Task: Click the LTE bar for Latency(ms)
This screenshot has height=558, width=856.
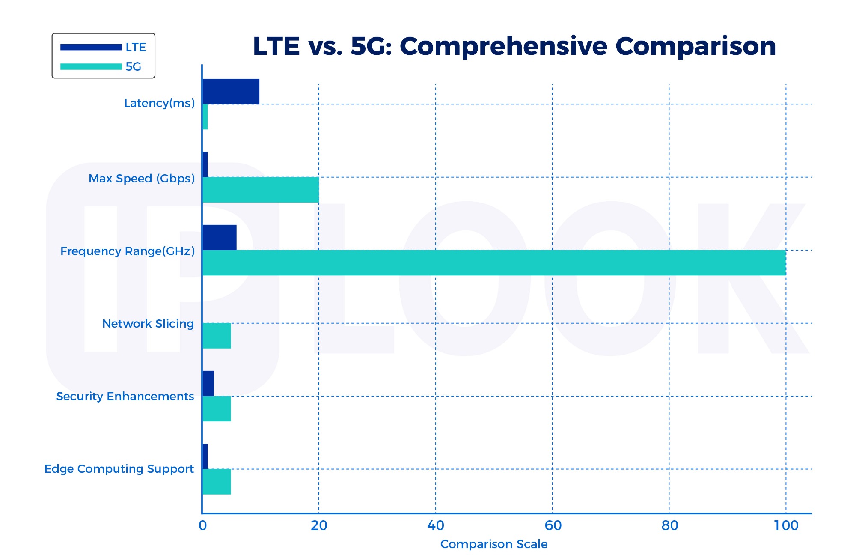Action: point(231,91)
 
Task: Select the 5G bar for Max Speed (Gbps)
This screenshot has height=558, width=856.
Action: point(260,190)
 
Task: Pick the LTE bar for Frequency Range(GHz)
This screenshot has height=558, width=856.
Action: point(219,237)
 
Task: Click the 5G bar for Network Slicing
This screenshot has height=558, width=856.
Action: point(217,336)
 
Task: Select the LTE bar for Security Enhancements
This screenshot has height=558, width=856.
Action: point(208,383)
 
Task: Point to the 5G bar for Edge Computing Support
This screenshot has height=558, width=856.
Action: point(217,482)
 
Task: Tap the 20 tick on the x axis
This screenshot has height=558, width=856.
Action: point(319,525)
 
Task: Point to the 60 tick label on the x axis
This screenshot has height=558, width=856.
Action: point(553,525)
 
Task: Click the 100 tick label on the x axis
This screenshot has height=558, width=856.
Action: point(786,525)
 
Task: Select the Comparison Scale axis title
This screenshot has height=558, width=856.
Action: point(493,544)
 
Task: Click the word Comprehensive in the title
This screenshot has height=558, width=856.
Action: point(503,46)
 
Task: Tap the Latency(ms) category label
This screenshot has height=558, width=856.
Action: point(159,103)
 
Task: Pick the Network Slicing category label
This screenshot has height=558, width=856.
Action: point(148,324)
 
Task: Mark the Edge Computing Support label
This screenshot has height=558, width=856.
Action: point(119,469)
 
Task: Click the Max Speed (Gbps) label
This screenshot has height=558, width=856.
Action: point(142,179)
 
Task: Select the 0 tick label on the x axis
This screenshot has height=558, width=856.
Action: point(202,525)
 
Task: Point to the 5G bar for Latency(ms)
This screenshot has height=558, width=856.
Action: point(205,117)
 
